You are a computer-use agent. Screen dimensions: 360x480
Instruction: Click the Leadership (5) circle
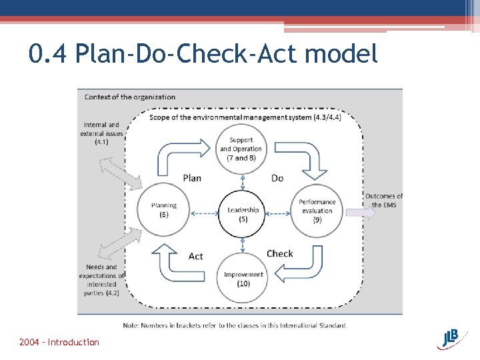[x=243, y=214]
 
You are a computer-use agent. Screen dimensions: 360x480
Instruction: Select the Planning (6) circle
[x=163, y=210]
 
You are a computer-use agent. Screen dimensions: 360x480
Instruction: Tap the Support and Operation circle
[x=242, y=149]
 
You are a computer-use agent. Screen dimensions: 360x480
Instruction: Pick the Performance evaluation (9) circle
[x=317, y=211]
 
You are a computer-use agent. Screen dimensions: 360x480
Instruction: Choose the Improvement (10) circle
[x=243, y=279]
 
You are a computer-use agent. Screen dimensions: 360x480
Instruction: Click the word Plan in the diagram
[x=191, y=178]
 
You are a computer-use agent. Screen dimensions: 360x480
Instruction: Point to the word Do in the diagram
[x=277, y=178]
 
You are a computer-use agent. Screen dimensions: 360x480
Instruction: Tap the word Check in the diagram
[x=279, y=253]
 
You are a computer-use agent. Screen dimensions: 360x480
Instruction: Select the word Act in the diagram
[x=195, y=256]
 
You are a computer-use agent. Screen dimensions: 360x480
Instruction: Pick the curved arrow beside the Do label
[x=303, y=156]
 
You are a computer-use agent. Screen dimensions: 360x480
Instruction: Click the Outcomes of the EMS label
[x=383, y=200]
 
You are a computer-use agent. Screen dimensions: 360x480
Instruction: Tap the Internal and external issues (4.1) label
[x=101, y=133]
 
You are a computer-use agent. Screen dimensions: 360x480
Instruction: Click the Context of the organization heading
[x=130, y=97]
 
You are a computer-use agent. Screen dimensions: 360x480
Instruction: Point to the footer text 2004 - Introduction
[x=59, y=342]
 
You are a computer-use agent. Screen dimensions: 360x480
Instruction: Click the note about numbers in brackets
[x=235, y=325]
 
